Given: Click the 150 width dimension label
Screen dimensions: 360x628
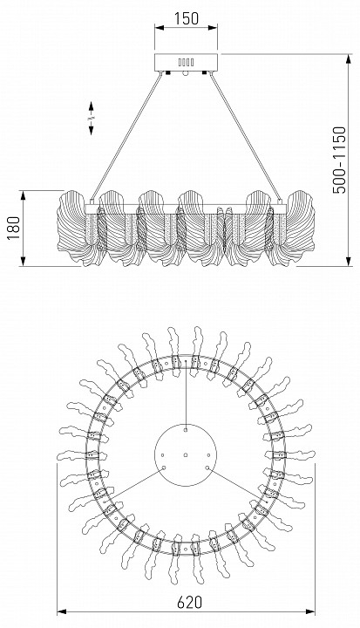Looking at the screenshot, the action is click(x=187, y=18).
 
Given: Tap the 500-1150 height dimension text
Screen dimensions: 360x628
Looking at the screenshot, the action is click(x=339, y=160).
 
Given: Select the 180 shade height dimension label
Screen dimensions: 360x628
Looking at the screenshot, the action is click(x=14, y=229).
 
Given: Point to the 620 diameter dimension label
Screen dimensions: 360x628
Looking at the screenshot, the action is click(x=189, y=602).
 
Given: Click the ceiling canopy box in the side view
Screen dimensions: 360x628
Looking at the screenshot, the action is click(x=187, y=62).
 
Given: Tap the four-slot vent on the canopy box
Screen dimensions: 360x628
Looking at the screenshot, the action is click(x=187, y=62).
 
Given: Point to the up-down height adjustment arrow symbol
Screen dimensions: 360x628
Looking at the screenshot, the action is click(x=91, y=118).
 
